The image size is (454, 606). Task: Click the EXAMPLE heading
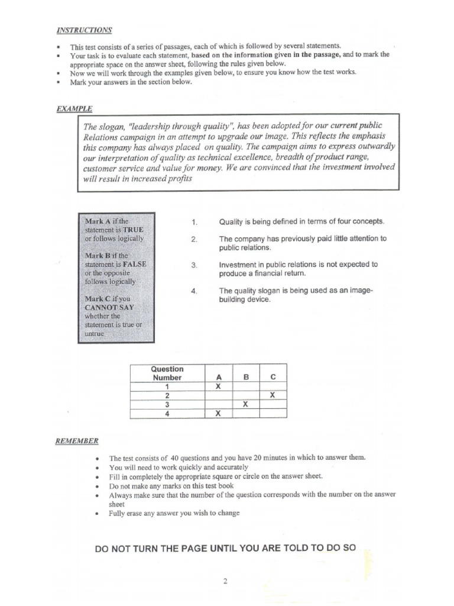[x=74, y=109]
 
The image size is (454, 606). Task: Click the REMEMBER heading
[x=77, y=441]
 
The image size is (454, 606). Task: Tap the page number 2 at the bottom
[x=225, y=581]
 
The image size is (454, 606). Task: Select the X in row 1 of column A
[x=218, y=386]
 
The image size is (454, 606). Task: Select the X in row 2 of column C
[x=273, y=395]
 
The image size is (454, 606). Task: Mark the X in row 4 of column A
[x=218, y=414]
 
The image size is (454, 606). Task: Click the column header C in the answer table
[x=273, y=377]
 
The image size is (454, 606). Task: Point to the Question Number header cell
[x=167, y=373]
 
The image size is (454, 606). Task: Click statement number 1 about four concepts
[x=194, y=222]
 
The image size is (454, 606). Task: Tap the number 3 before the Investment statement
[x=194, y=265]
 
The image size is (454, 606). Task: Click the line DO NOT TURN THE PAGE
[x=225, y=548]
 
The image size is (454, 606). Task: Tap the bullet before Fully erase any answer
[x=96, y=513]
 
